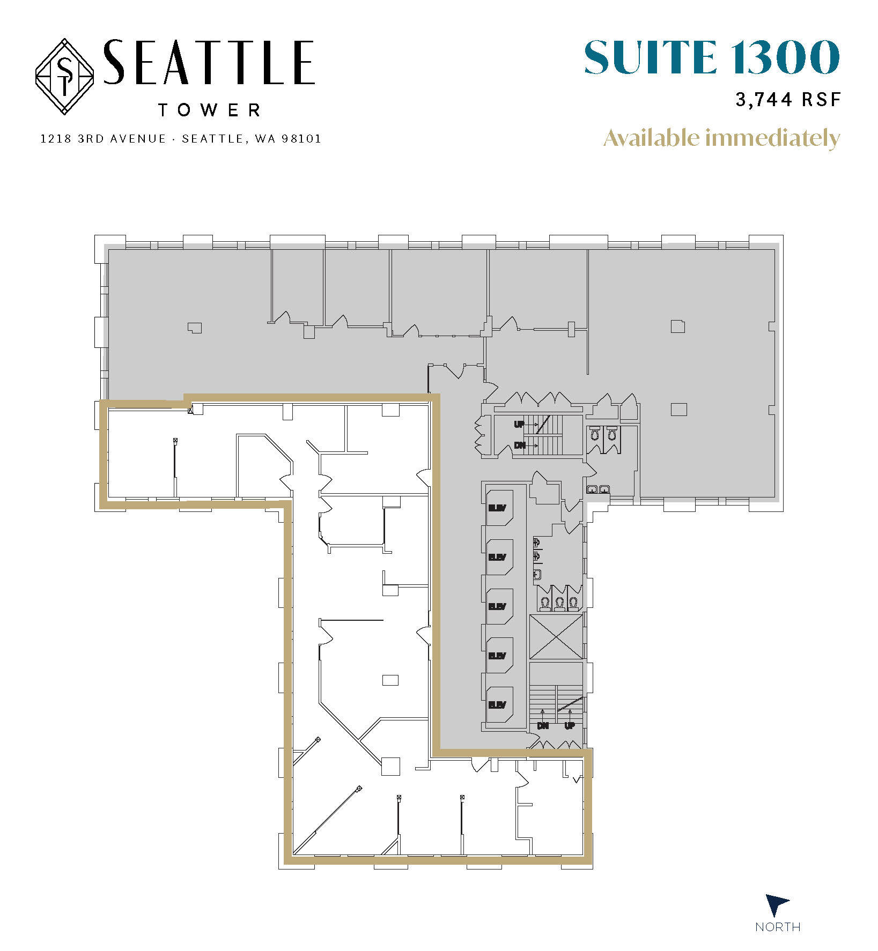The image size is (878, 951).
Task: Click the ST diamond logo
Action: [x=65, y=76]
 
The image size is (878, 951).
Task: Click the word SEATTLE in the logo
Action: [x=208, y=63]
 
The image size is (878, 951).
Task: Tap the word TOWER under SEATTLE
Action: [x=210, y=110]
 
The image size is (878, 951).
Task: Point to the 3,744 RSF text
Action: [x=787, y=100]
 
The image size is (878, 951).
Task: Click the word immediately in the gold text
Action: [x=772, y=139]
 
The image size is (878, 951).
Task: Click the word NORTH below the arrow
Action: [x=777, y=927]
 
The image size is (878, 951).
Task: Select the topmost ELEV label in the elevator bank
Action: [x=497, y=508]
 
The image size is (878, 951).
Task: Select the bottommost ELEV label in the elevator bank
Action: [x=497, y=705]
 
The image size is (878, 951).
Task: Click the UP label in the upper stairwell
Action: [x=519, y=425]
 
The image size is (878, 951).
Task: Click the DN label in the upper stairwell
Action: [x=519, y=445]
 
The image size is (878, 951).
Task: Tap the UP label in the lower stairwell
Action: [x=570, y=726]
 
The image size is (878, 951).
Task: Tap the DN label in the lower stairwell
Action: [x=543, y=726]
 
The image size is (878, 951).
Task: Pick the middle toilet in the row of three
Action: [x=559, y=604]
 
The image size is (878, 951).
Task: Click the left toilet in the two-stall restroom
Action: [x=594, y=433]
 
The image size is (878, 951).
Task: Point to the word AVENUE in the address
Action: [x=138, y=139]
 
